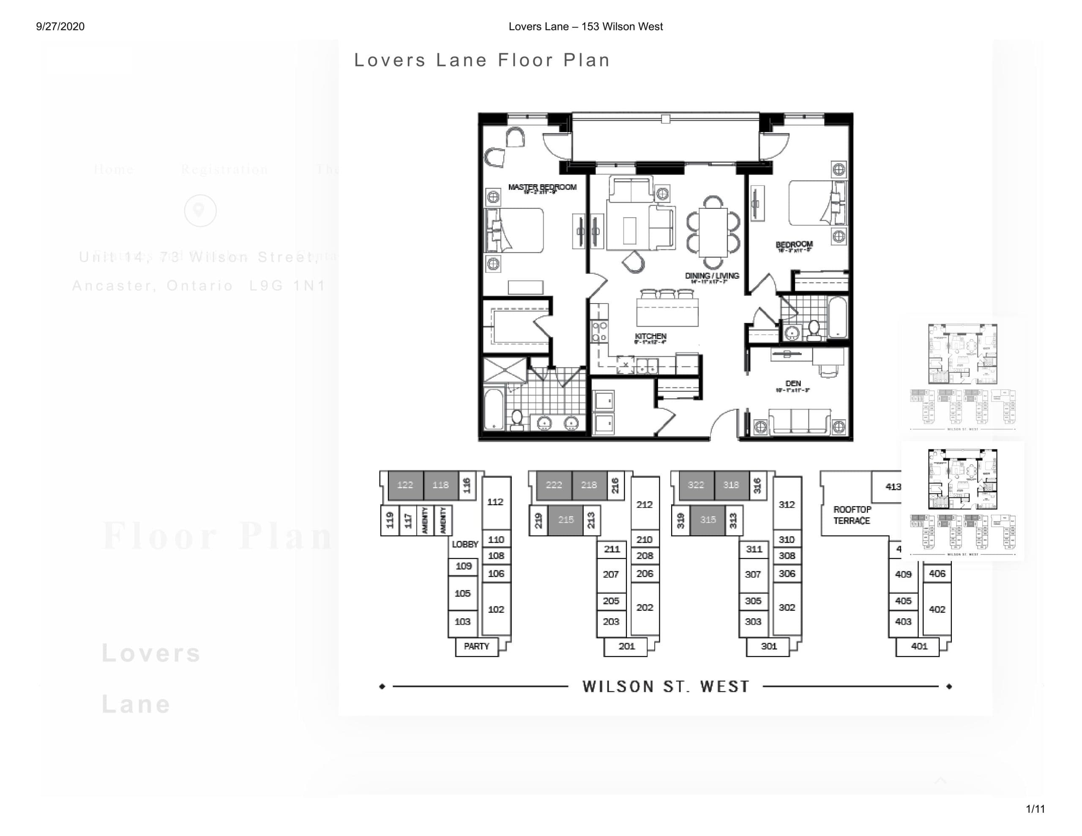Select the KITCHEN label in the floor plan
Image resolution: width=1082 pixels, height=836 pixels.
point(650,337)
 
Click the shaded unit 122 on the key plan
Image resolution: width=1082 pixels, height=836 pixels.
point(405,485)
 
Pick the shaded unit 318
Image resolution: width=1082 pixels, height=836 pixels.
point(731,485)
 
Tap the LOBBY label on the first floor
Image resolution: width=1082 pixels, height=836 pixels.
point(464,544)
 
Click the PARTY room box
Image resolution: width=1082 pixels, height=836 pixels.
point(476,647)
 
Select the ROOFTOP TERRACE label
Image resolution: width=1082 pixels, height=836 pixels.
point(852,515)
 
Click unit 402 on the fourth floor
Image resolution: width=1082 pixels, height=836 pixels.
point(937,609)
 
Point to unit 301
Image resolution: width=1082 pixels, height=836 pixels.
point(768,647)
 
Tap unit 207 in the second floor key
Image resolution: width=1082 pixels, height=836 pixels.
point(610,574)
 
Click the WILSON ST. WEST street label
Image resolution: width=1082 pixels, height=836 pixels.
point(665,687)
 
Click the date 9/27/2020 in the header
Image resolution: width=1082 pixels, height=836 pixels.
point(60,27)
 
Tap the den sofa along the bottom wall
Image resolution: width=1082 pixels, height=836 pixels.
point(799,421)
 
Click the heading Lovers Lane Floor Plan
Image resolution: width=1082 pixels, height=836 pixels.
point(481,60)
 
